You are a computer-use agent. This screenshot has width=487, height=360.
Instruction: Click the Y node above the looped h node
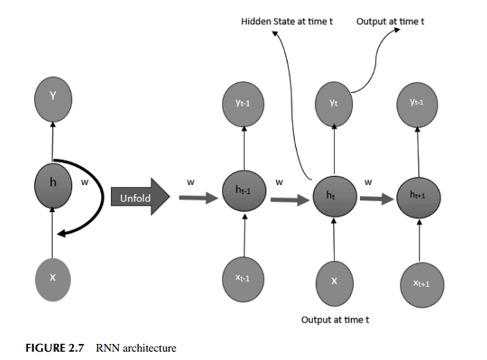point(52,96)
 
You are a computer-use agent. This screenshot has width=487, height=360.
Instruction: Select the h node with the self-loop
point(52,183)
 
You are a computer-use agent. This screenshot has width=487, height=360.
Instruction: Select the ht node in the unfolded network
point(332,194)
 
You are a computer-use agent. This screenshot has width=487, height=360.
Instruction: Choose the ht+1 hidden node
point(418,196)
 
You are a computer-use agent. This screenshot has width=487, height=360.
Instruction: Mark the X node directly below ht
point(334,282)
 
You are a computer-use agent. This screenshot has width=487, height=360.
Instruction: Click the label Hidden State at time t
point(286,21)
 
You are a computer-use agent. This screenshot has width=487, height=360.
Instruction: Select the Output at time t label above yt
point(390,21)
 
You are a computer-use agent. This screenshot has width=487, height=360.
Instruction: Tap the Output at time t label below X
point(335,319)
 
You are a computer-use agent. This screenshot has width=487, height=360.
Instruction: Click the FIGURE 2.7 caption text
point(54,348)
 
